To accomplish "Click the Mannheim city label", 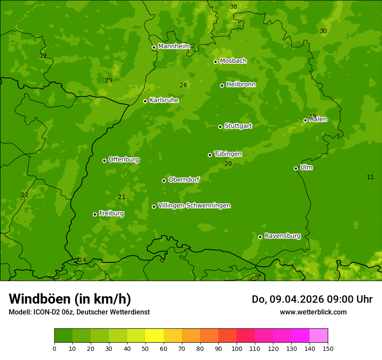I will [x=174, y=46].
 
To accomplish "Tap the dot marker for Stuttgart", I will [x=220, y=127].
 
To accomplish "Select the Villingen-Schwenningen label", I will [x=194, y=206].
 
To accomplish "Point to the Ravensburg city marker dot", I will [x=260, y=237].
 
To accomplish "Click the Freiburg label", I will [x=111, y=213].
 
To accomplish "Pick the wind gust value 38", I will [x=234, y=7].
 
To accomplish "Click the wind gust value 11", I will [x=370, y=177].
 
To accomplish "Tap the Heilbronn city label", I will [x=241, y=85].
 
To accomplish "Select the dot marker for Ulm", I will [x=296, y=168].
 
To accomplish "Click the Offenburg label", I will [x=124, y=160].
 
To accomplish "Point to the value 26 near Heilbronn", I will [x=183, y=85].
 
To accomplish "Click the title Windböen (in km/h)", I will [x=70, y=299].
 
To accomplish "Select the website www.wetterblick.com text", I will [x=313, y=312].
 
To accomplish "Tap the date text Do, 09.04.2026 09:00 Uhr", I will [x=312, y=299].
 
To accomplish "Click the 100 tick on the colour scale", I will [x=237, y=348].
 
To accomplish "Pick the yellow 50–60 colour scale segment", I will [x=155, y=336].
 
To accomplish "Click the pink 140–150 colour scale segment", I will [x=319, y=336].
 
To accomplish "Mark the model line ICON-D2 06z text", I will [x=79, y=312].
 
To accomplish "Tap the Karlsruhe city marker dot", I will [x=145, y=101].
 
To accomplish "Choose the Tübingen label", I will [x=228, y=154].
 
